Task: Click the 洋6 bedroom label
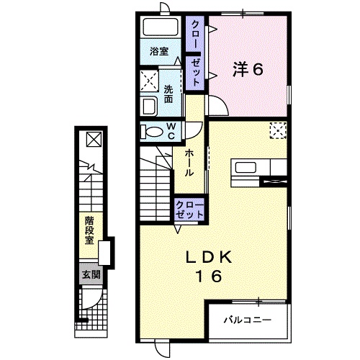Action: [247, 70]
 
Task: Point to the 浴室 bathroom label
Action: [158, 52]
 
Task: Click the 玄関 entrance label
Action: [89, 274]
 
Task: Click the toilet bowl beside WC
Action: [152, 132]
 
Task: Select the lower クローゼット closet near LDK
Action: [189, 210]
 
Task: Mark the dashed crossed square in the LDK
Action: [278, 130]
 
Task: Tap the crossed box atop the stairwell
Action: [95, 138]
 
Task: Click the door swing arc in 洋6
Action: [220, 105]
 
